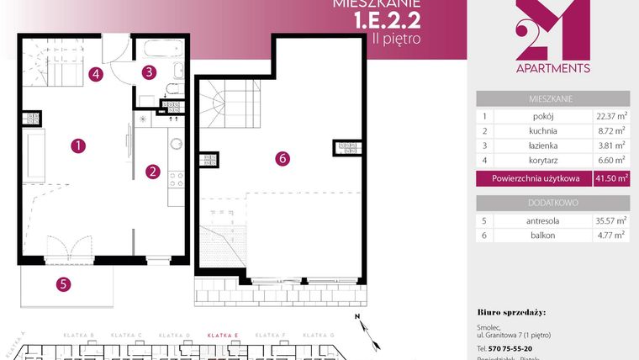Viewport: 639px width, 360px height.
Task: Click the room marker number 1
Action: [x=77, y=146]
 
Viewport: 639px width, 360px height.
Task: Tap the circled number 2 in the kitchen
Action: [x=153, y=172]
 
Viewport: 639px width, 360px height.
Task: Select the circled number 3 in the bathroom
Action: [x=148, y=72]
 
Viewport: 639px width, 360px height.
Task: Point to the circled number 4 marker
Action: [x=97, y=74]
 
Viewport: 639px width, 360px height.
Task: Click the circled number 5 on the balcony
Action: [x=63, y=284]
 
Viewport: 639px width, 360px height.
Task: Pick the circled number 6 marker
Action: [x=282, y=157]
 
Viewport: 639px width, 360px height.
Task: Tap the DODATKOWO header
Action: [x=552, y=203]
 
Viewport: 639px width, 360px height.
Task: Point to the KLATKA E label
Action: [x=224, y=336]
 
